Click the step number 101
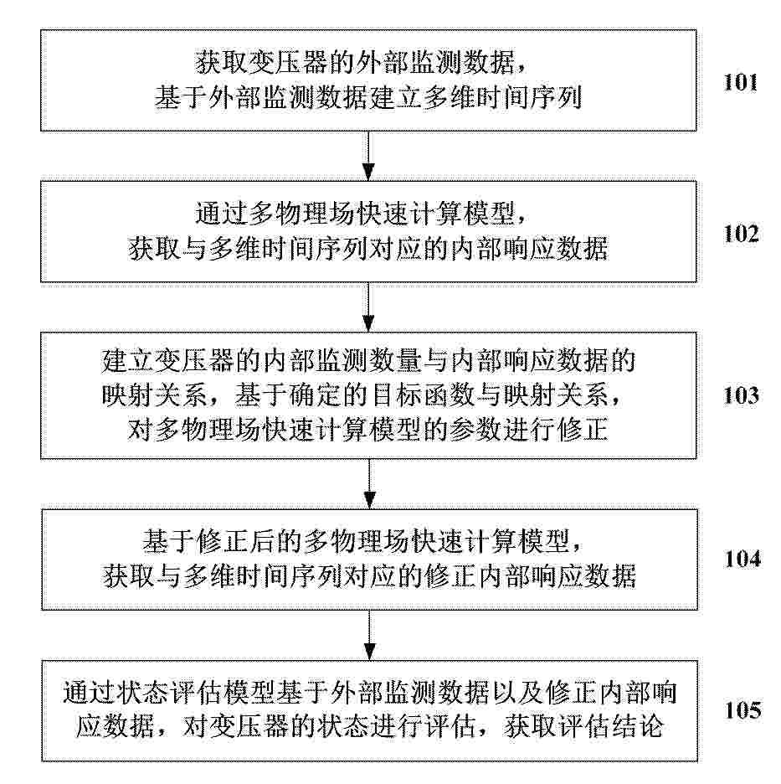pyautogui.click(x=741, y=82)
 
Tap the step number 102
pyautogui.click(x=741, y=234)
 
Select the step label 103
pyautogui.click(x=741, y=395)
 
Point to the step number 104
pyautogui.click(x=742, y=559)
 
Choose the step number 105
pyautogui.click(x=742, y=710)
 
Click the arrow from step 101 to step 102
pyautogui.click(x=369, y=156)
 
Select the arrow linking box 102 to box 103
pyautogui.click(x=369, y=307)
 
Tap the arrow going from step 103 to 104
pyautogui.click(x=369, y=484)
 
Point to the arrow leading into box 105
pyautogui.click(x=369, y=635)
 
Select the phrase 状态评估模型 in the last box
pyautogui.click(x=195, y=693)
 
